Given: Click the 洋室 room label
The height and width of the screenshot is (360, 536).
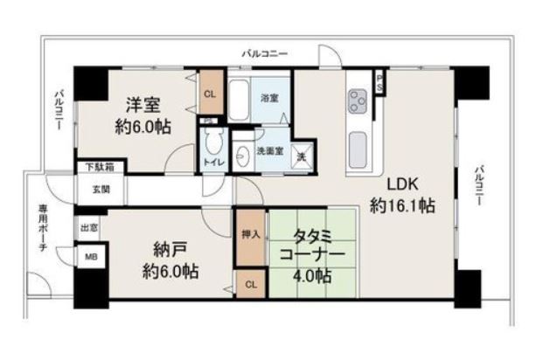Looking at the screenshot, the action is (143, 105).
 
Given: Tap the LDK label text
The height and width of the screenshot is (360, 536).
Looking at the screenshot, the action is (402, 184).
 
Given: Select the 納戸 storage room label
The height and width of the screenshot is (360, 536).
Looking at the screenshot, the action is (170, 251).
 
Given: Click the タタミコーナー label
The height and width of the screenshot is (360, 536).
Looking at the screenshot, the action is (312, 246).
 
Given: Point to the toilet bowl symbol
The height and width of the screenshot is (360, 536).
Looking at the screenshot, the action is (214, 141).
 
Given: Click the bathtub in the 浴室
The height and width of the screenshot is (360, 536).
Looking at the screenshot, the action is (239, 100).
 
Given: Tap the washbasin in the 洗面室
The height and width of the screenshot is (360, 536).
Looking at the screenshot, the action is (243, 156).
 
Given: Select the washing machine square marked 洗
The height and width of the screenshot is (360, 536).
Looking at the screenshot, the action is (303, 156).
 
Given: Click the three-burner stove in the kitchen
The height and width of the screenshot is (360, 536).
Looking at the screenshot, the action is (358, 101).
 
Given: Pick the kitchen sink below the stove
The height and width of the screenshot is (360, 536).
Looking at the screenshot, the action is (358, 149).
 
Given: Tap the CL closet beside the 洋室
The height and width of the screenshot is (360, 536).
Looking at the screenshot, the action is (210, 93).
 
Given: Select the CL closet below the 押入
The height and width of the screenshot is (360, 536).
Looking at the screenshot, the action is (251, 284).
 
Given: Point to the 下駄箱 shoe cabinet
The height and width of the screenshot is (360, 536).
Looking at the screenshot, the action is (100, 167).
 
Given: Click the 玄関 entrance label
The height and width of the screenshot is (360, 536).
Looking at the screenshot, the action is (101, 189).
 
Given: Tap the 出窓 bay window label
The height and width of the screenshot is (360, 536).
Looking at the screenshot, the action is (89, 227).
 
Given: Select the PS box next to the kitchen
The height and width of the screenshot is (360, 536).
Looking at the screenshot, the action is (379, 83).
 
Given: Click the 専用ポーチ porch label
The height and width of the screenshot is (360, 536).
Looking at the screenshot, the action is (42, 228).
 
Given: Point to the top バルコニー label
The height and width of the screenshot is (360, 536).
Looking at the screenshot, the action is (265, 53).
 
